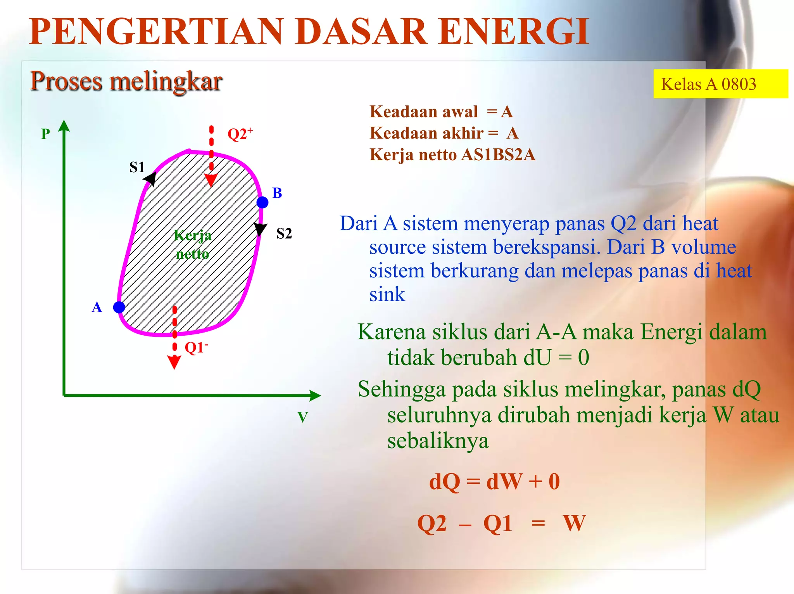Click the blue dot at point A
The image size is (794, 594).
click(x=119, y=307)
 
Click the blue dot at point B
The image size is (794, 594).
click(x=262, y=202)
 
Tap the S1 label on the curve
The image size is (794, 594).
click(x=137, y=167)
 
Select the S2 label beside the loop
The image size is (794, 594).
click(x=284, y=234)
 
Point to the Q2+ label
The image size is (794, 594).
click(x=240, y=134)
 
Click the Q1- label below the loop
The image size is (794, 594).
click(x=196, y=348)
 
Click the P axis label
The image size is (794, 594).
click(x=46, y=134)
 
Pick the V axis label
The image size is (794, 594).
click(x=302, y=417)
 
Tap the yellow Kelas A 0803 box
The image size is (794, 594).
click(x=720, y=84)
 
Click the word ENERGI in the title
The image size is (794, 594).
click(x=514, y=32)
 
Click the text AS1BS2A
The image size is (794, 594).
click(x=498, y=155)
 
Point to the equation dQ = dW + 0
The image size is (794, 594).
click(x=494, y=481)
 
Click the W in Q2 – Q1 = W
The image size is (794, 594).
click(x=574, y=523)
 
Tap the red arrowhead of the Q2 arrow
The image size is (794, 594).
click(x=211, y=180)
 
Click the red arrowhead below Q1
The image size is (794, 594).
click(x=174, y=362)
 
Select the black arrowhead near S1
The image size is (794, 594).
click(x=150, y=179)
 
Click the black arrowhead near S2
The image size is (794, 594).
click(x=261, y=229)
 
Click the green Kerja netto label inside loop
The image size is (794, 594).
click(x=193, y=244)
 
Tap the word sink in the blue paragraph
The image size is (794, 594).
click(x=387, y=294)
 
